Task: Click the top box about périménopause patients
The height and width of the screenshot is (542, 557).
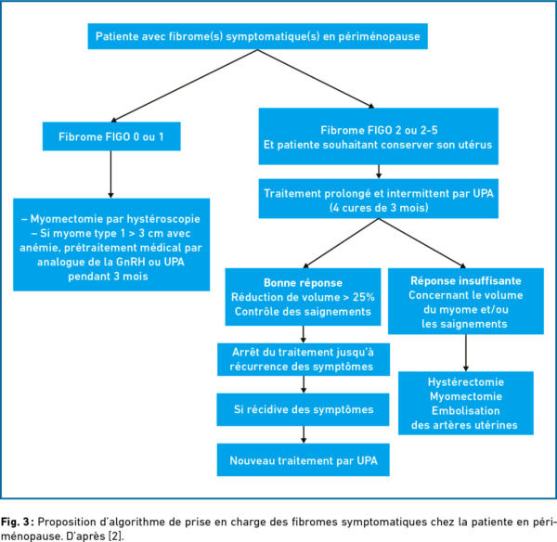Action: pos(257,36)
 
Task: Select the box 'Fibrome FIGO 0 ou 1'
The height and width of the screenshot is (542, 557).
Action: pos(111,136)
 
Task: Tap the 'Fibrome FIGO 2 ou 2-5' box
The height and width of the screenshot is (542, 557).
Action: pos(379,136)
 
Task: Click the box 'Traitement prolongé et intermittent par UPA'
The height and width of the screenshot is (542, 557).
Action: pos(379,199)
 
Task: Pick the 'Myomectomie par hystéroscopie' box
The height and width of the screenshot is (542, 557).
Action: pos(111,245)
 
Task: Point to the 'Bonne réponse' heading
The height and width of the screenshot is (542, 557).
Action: pos(303,283)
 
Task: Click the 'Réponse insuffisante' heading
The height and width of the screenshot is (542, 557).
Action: pos(466,281)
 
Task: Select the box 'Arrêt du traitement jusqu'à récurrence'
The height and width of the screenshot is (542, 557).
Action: pos(304,359)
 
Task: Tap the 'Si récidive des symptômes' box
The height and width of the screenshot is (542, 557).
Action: pos(303,409)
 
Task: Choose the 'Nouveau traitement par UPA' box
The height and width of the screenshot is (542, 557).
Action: pos(303,460)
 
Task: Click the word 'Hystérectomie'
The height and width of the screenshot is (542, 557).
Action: pos(466,382)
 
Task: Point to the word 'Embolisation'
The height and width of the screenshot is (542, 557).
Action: pos(466,411)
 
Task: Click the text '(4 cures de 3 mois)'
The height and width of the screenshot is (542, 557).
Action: pos(379,208)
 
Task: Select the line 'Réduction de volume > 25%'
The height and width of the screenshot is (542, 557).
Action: pos(303,297)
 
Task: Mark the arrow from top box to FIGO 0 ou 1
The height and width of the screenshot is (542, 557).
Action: pos(185,85)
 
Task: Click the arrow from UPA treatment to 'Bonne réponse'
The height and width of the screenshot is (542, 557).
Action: pos(341,243)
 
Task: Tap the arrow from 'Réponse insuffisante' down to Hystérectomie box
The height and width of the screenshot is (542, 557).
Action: pos(466,353)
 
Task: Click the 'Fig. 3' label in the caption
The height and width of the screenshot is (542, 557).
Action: pos(15,523)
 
